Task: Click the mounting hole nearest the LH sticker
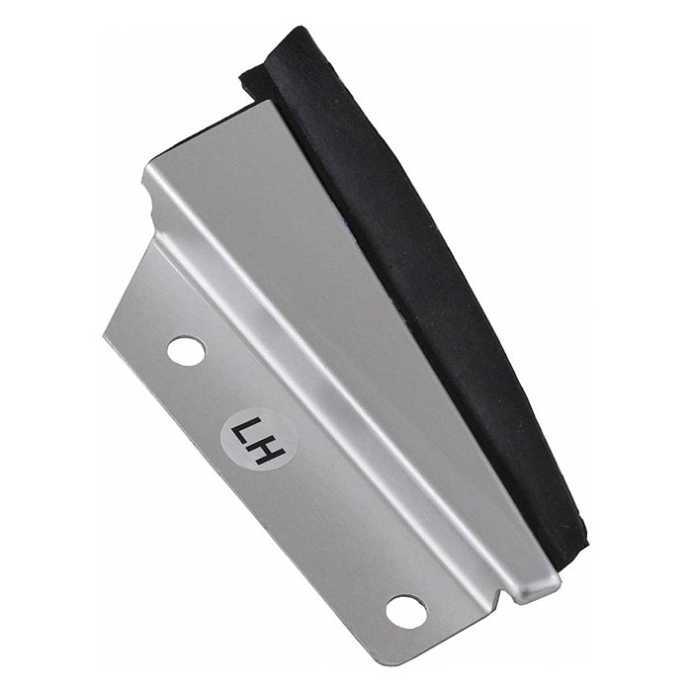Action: point(186,351)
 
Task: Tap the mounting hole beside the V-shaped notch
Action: point(406,610)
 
